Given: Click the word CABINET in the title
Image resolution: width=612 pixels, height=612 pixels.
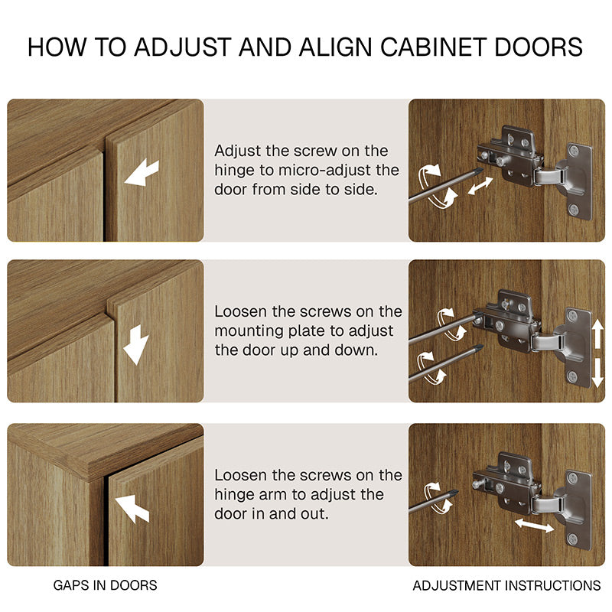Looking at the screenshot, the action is tap(433, 47).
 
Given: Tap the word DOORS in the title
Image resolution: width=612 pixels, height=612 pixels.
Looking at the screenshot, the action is tap(539, 47).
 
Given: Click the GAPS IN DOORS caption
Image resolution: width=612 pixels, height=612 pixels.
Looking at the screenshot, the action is tap(105, 585).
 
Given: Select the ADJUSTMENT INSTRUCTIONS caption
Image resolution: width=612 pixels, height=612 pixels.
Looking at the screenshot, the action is tap(506, 585).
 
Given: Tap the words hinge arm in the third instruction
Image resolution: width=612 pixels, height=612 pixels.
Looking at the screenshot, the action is tap(252, 494).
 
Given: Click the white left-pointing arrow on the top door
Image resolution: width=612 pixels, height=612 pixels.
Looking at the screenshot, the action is tap(142, 173).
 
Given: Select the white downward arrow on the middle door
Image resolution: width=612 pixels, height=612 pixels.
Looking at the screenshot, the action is tap(136, 345).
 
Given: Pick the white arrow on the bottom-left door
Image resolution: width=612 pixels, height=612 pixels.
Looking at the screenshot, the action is tap(132, 508).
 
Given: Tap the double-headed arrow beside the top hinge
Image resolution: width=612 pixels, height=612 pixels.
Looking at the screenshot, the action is tap(480, 185).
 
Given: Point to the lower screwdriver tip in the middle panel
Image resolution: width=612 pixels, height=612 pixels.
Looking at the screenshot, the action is tap(479, 347).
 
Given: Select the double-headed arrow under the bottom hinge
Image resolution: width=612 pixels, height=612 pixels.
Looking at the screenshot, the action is tap(534, 525).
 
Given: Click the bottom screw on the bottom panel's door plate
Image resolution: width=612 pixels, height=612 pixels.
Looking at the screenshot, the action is tap(572, 539).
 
